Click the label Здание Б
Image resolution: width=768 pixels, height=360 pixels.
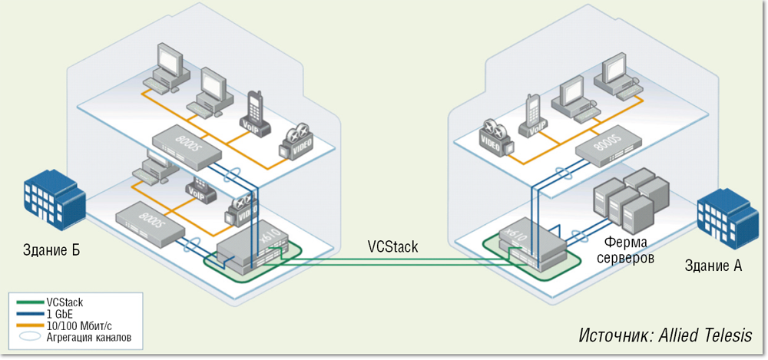[x=51, y=250]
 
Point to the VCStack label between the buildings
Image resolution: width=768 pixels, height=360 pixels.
[x=392, y=246]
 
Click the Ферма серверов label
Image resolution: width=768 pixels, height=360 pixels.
[x=626, y=251]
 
